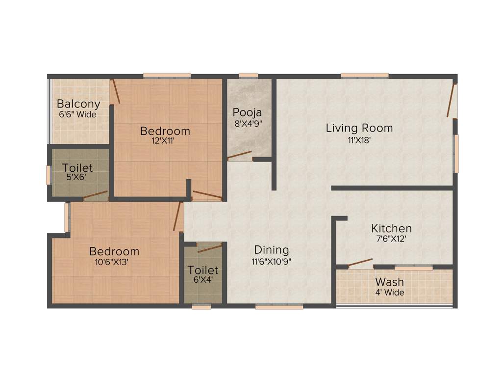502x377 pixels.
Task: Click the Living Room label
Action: tap(359, 128)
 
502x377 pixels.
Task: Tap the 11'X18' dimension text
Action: tap(359, 139)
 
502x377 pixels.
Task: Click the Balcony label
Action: tap(78, 104)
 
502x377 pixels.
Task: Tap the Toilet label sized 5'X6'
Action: tap(77, 168)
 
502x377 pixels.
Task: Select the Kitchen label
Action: tap(391, 228)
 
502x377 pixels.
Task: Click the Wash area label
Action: tap(390, 282)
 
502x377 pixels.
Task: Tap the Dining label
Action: tap(272, 250)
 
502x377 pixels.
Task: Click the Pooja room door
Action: tap(240, 156)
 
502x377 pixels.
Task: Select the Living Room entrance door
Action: tap(452, 100)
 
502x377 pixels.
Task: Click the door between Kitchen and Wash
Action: tap(360, 262)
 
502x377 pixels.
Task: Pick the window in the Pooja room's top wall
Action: tap(249, 76)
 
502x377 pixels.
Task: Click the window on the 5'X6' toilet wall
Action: tap(49, 175)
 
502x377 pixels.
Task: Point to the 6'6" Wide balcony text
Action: tap(77, 114)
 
